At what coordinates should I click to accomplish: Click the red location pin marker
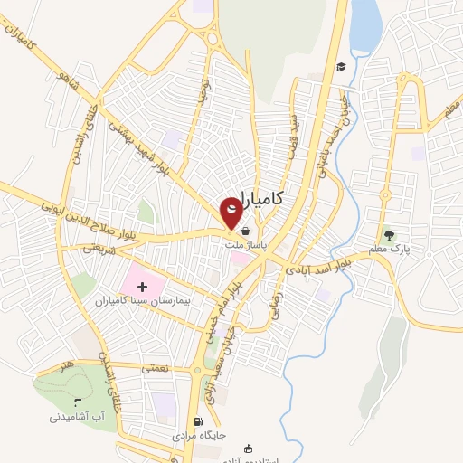[232, 212]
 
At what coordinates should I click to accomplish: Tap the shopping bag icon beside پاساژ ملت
[247, 231]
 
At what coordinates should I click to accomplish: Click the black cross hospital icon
[155, 286]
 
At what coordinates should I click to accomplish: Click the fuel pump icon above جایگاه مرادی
[198, 421]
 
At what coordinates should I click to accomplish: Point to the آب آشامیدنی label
[79, 417]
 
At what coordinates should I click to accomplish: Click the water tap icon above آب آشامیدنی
[77, 402]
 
